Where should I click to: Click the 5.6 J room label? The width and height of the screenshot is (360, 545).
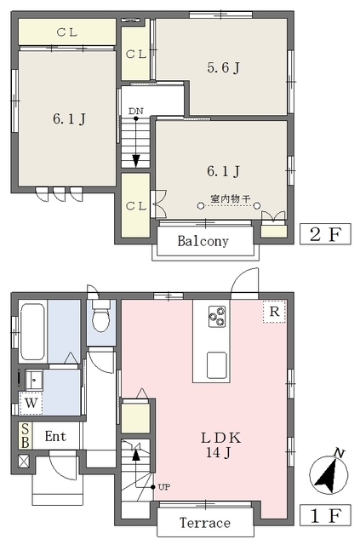[x=224, y=67]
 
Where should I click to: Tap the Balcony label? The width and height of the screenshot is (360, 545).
[x=203, y=241]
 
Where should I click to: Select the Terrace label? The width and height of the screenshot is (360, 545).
[x=204, y=523]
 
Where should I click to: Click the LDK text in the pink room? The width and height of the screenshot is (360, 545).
[x=221, y=438]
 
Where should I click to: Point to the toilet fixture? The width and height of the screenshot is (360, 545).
[x=101, y=316]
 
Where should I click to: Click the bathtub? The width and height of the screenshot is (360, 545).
[x=32, y=331]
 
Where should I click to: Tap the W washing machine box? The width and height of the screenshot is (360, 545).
[x=31, y=403]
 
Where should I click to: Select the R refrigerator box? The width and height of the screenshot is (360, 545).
[x=274, y=312]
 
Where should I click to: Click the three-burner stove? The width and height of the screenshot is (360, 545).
[x=217, y=316]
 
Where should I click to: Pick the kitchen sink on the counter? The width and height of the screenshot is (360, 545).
[x=217, y=365]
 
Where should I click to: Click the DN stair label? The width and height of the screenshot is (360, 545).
[x=135, y=112]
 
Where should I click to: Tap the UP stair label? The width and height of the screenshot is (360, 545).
[x=164, y=487]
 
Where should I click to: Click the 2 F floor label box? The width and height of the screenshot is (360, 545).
[x=325, y=234]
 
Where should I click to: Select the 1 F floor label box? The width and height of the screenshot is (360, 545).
[x=325, y=515]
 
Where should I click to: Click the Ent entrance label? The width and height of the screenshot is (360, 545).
[x=55, y=436]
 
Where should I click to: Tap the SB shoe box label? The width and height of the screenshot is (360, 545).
[x=26, y=435]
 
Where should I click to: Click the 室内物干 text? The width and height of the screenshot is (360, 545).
[x=230, y=199]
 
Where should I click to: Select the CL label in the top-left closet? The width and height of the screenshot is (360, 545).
[x=67, y=32]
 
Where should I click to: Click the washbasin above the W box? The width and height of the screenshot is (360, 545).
[x=34, y=380]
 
